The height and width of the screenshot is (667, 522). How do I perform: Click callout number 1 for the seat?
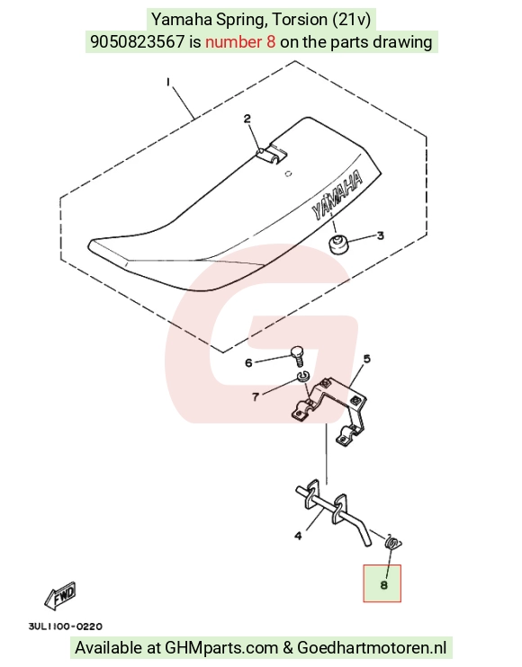click(168, 82)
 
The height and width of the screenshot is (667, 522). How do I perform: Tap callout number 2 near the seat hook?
click(247, 119)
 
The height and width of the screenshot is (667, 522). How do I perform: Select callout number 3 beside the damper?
click(380, 236)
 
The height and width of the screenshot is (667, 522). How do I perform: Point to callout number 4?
click(299, 536)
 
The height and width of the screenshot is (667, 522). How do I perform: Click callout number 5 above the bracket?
click(366, 359)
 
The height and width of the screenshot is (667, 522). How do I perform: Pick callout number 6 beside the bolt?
click(248, 363)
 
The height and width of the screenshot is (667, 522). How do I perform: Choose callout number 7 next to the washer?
click(256, 397)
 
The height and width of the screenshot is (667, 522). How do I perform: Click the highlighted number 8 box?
click(382, 583)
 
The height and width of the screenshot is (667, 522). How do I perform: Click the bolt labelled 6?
click(298, 356)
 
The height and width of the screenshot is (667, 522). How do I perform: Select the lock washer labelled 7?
click(303, 376)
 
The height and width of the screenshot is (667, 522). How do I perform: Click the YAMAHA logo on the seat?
click(337, 195)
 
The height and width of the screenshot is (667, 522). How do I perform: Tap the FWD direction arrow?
click(60, 595)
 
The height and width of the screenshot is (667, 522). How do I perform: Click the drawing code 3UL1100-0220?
click(65, 627)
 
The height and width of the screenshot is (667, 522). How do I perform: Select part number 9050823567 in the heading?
click(138, 41)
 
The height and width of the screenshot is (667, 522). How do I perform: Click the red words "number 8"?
click(240, 41)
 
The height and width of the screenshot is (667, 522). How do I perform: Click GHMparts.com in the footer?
click(221, 648)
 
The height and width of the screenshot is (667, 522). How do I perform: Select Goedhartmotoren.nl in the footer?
click(372, 648)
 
